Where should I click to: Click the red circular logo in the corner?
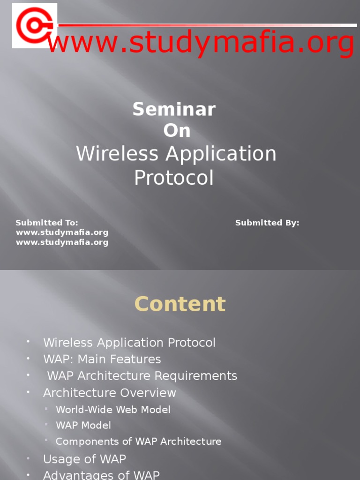coord(34,25)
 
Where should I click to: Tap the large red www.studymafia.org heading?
coord(201,44)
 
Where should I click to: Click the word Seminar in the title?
coord(174,110)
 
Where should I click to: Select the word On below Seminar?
coord(177,131)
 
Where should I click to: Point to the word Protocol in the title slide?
coord(174,178)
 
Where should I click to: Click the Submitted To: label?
coord(47,223)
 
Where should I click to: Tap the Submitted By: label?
coord(267,223)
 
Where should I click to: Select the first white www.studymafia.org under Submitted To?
coord(62,232)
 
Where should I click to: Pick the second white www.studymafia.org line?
coord(62,242)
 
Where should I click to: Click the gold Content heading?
coord(180,304)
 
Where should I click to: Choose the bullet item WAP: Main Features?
coord(102,360)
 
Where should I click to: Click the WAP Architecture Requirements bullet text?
coord(142,376)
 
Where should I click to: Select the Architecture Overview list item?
coord(110,393)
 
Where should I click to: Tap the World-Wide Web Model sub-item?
coord(113,410)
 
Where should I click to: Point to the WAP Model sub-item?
coord(83,426)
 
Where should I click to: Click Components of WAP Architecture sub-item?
coord(139,442)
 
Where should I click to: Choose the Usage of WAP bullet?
coord(84,459)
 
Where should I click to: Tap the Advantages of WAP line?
coord(101,474)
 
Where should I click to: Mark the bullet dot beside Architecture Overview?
coord(28,391)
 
